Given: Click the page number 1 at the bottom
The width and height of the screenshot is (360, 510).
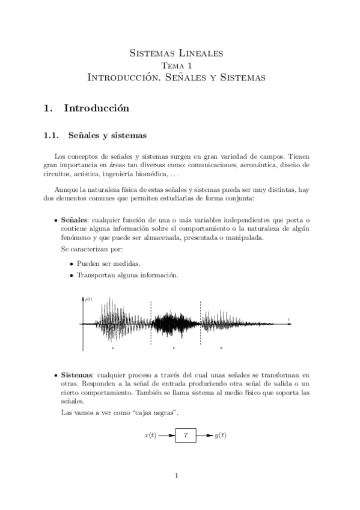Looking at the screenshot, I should click(177, 477).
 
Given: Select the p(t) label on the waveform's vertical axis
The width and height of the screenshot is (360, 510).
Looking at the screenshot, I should click(88, 299).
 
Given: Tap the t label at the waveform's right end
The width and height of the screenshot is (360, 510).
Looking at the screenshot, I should click(288, 319).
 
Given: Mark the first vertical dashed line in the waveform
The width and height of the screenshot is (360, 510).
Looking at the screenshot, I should click(151, 325).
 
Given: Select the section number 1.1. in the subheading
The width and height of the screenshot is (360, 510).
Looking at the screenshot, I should click(53, 135).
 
